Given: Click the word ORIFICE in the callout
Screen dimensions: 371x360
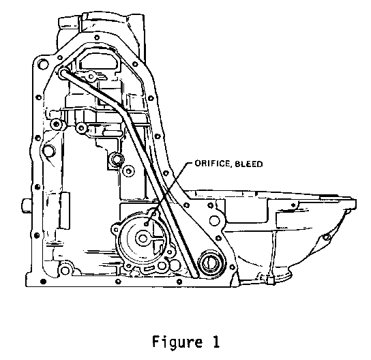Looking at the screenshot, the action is [x=211, y=164].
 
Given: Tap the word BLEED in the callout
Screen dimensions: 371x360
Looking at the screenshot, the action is [x=249, y=164].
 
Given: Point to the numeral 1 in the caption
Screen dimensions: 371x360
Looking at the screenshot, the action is [x=216, y=342].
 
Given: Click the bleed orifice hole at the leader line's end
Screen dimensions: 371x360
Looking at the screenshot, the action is [x=147, y=224].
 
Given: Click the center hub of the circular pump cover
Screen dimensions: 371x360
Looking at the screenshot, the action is [x=143, y=238].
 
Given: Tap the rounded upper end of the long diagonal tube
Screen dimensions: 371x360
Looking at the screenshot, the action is [x=63, y=72].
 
